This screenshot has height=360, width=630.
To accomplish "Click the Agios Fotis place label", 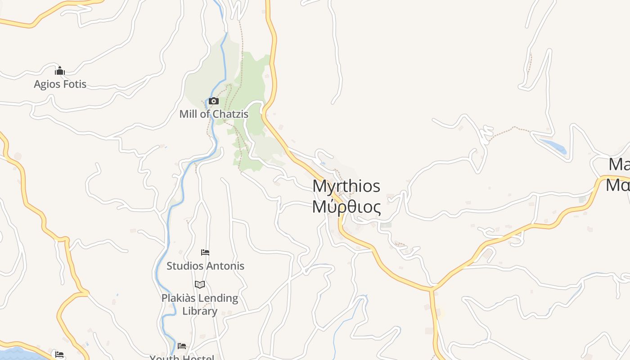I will (x=60, y=84).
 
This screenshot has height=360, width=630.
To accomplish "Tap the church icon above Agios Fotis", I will (x=60, y=71).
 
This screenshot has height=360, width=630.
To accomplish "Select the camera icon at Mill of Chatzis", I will (x=214, y=101).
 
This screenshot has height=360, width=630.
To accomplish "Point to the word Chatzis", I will (x=230, y=114).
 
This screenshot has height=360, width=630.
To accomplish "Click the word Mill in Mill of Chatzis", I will (x=189, y=114).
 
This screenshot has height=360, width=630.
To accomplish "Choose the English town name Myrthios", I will (x=346, y=186).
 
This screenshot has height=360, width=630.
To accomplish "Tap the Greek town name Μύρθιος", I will (x=346, y=207).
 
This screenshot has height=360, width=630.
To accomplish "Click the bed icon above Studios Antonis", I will (x=205, y=252).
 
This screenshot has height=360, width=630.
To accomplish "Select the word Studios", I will (x=185, y=266).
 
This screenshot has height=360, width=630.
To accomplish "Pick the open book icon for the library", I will (x=200, y=284).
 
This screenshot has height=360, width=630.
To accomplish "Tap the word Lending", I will (x=220, y=298).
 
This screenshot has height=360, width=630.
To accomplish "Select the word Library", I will (x=200, y=311).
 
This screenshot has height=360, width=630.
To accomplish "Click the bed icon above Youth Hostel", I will (x=182, y=346).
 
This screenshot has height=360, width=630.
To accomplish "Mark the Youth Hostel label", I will (x=182, y=357).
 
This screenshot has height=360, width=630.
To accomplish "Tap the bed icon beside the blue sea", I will (x=59, y=355).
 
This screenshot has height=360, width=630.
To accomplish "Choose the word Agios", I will (x=46, y=84).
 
